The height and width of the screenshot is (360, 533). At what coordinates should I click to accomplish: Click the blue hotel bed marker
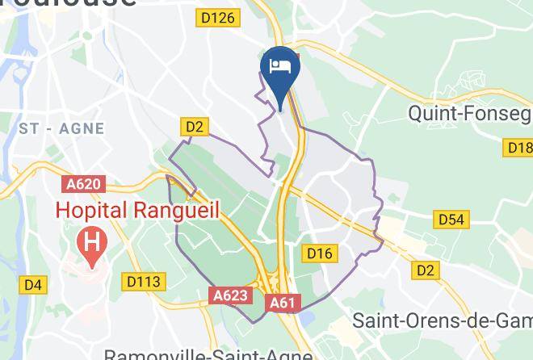pyautogui.click(x=279, y=69)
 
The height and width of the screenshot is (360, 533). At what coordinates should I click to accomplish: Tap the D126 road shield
pyautogui.click(x=219, y=18)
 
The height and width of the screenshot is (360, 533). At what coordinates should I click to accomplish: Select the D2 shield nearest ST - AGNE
pyautogui.click(x=195, y=127)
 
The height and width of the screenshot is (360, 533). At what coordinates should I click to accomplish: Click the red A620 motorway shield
pyautogui.click(x=84, y=185)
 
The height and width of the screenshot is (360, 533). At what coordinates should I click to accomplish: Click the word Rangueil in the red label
pyautogui.click(x=180, y=209)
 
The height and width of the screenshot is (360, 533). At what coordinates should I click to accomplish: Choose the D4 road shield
pyautogui.click(x=33, y=284)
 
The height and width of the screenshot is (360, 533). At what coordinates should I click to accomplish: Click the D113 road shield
pyautogui.click(x=145, y=282)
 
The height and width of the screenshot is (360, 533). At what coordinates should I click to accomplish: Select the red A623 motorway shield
pyautogui.click(x=230, y=296)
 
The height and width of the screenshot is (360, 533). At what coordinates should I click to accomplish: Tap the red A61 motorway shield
pyautogui.click(x=282, y=303)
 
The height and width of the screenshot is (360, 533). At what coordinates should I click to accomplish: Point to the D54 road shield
pyautogui.click(x=451, y=220)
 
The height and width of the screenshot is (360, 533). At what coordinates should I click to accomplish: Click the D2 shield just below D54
pyautogui.click(x=426, y=270)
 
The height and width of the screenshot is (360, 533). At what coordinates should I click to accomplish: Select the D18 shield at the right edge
pyautogui.click(x=518, y=148)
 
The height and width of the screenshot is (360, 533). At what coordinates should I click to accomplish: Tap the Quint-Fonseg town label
pyautogui.click(x=470, y=115)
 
